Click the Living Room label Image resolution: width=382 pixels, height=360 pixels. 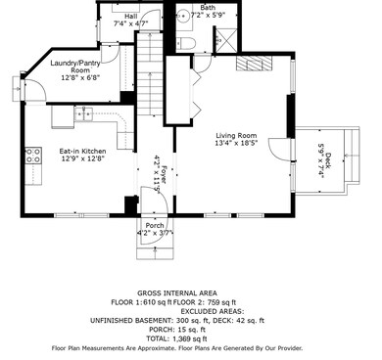pyautogui.click(x=236, y=135)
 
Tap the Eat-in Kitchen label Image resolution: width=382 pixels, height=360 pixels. pyautogui.click(x=82, y=152)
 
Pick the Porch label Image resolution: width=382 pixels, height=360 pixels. pyautogui.click(x=155, y=225)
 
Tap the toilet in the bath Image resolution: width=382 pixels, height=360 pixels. pyautogui.click(x=187, y=43)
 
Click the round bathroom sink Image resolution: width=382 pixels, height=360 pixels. pyautogui.click(x=183, y=15)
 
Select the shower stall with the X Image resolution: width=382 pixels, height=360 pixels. pyautogui.click(x=226, y=39)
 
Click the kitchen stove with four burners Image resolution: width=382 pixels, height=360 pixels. pyautogui.click(x=33, y=156)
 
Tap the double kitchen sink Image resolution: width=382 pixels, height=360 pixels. pyautogui.click(x=83, y=114)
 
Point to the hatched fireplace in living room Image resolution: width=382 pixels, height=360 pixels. pyautogui.click(x=254, y=63)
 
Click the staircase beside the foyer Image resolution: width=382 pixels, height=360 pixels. pyautogui.click(x=150, y=73)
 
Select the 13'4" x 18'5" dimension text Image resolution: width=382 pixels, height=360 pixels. pyautogui.click(x=236, y=143)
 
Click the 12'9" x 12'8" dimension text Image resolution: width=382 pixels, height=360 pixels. pyautogui.click(x=82, y=158)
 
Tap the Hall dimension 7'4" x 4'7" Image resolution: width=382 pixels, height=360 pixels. pyautogui.click(x=131, y=23)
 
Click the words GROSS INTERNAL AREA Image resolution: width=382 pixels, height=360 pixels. pyautogui.click(x=177, y=293)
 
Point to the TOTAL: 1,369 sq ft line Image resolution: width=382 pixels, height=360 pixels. pyautogui.click(x=176, y=338)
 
